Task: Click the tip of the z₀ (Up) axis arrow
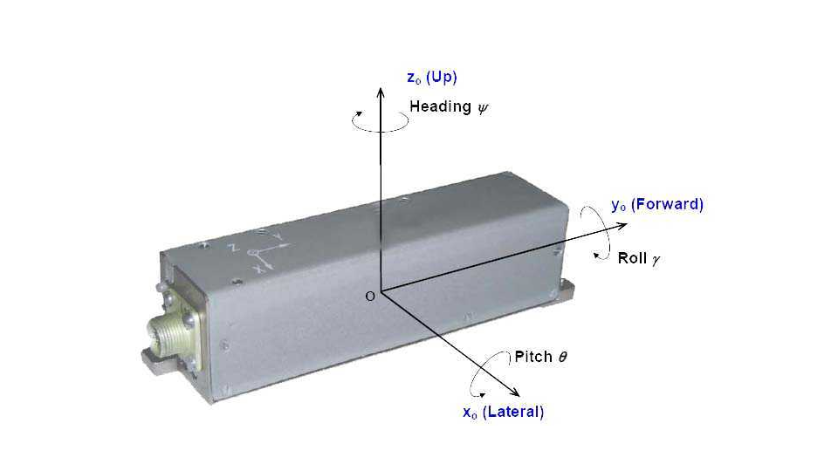click(381, 87)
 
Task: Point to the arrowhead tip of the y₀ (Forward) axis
click(627, 225)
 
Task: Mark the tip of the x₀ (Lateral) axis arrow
click(519, 396)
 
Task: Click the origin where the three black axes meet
click(381, 291)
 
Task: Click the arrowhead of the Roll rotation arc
click(596, 256)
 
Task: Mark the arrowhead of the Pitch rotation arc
click(482, 394)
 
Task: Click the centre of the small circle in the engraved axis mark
click(253, 252)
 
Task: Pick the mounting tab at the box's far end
click(564, 292)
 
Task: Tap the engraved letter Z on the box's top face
click(233, 247)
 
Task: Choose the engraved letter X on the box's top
click(259, 270)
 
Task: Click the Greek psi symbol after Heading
click(483, 109)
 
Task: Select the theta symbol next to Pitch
click(562, 357)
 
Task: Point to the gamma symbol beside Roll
click(656, 260)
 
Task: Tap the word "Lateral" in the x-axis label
click(512, 412)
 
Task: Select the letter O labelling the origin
click(370, 297)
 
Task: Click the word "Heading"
click(440, 106)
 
